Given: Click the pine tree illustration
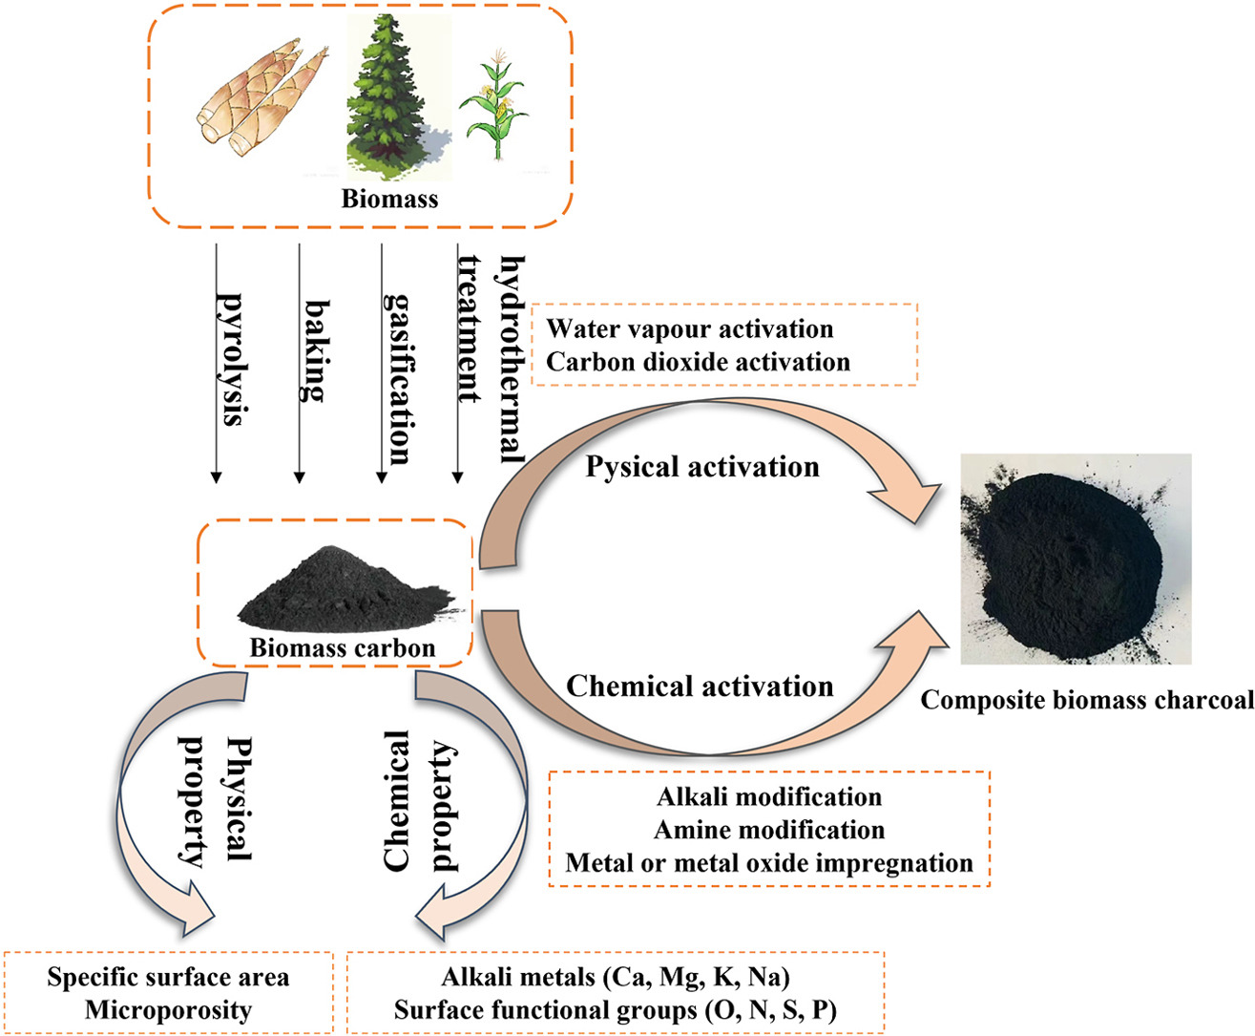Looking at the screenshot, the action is [x=398, y=96].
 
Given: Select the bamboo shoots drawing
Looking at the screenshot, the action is [x=262, y=97].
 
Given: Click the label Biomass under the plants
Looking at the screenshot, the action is [x=389, y=199].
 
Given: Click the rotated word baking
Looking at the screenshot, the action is [x=316, y=351].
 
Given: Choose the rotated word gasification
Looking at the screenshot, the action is [x=399, y=379].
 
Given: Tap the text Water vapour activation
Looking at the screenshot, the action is [x=689, y=328].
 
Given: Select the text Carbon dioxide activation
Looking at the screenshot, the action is [x=698, y=362].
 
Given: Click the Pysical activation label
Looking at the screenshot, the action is [x=702, y=467].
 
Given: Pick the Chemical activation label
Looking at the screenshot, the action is [x=701, y=687].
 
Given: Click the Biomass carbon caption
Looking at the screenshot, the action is [x=343, y=647].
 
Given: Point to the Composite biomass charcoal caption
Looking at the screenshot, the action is [x=1087, y=700].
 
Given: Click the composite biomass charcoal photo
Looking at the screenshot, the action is [x=1076, y=559].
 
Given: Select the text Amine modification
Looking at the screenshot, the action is [x=769, y=830].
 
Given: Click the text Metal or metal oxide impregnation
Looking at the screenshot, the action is [x=769, y=863].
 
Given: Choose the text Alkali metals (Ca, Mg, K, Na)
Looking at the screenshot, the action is [x=616, y=977].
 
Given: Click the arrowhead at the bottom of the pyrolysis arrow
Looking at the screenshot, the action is [x=217, y=477].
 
